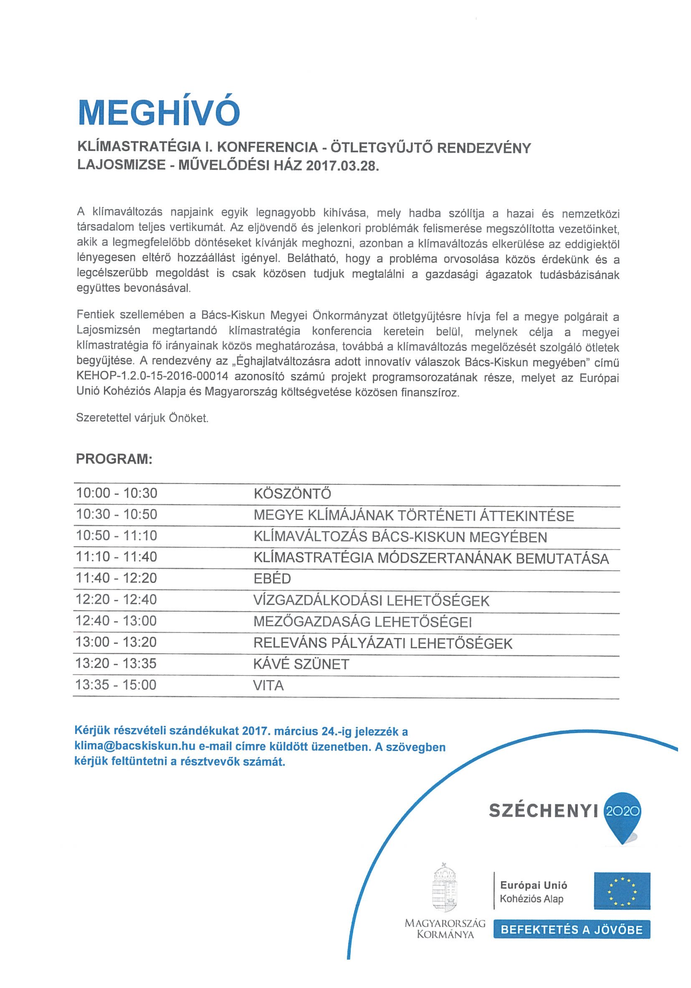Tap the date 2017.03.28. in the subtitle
[343, 166]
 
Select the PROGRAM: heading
[114, 459]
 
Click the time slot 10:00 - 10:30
[116, 493]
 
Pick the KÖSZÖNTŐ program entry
[292, 494]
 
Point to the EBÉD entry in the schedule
[272, 579]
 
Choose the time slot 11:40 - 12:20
[116, 578]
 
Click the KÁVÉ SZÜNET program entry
[301, 664]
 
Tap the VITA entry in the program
[268, 686]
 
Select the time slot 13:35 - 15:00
[116, 685]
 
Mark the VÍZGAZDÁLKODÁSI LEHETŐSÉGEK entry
[371, 601]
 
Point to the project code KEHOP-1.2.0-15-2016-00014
[152, 376]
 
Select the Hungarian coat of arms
[444, 888]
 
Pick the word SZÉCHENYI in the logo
[543, 811]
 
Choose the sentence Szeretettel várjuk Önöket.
[142, 417]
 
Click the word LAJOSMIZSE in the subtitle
[121, 165]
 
